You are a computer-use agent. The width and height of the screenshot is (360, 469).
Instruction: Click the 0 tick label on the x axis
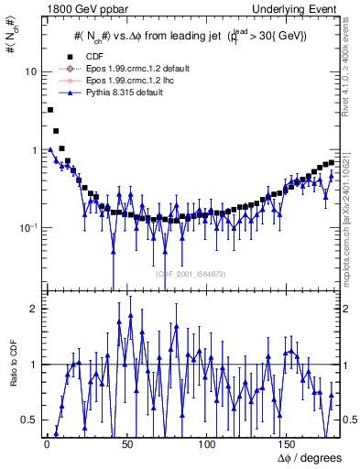point(46,445)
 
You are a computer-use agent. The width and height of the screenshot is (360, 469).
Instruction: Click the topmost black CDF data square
point(49,110)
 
